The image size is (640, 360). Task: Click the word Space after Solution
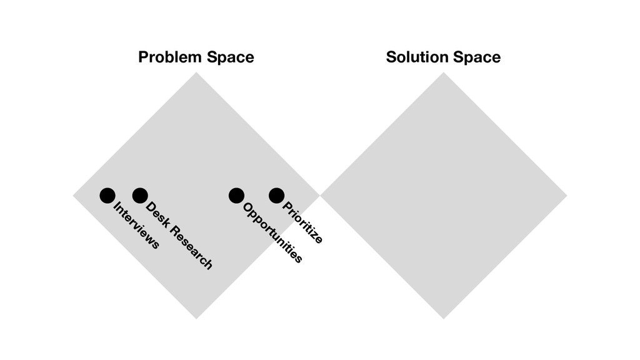click(477, 57)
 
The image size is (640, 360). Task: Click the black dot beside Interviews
click(107, 196)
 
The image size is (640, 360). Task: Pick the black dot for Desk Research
click(140, 196)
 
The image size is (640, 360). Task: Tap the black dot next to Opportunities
click(236, 196)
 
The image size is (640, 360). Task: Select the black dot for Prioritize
click(277, 196)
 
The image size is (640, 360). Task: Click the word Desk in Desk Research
click(157, 215)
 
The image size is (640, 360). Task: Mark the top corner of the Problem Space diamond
click(196, 73)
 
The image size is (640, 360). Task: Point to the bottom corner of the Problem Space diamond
click(196, 318)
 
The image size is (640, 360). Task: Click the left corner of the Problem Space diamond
click(74, 196)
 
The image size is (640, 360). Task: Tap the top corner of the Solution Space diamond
click(444, 73)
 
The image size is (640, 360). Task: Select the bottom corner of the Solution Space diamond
click(444, 318)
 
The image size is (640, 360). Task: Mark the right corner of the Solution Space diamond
click(566, 196)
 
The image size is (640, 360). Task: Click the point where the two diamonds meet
click(320, 196)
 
